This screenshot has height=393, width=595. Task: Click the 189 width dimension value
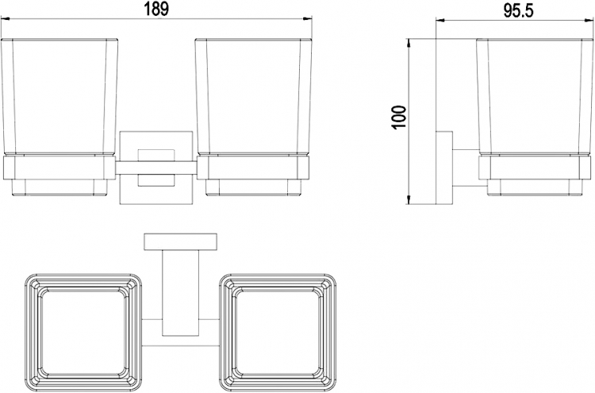click(156, 9)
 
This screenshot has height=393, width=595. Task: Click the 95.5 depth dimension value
click(518, 11)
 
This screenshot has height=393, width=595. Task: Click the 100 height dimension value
click(400, 118)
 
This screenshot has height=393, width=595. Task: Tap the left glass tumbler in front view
click(59, 97)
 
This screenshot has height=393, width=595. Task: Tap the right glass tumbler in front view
click(254, 97)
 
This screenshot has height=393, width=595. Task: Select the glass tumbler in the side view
click(534, 97)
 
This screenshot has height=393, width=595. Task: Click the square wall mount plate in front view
click(156, 168)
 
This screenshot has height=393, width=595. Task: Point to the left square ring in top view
click(83, 330)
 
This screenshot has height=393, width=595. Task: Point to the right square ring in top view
click(278, 330)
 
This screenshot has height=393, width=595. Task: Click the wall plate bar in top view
click(181, 242)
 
